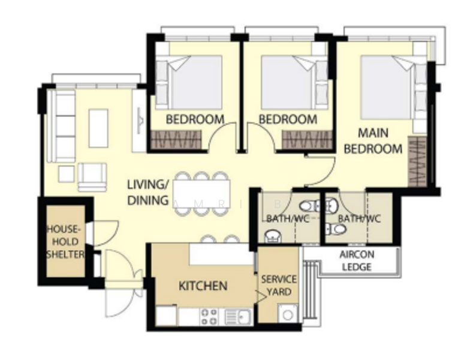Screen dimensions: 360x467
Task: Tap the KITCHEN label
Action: click(203, 286)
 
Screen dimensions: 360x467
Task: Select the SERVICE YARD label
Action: click(279, 286)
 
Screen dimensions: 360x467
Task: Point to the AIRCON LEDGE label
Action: click(357, 260)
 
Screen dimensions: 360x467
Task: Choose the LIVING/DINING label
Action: click(148, 192)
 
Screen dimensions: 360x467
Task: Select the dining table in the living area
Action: click(200, 194)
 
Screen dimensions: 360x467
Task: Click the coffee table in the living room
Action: click(98, 128)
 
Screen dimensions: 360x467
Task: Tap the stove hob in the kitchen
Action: click(209, 316)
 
